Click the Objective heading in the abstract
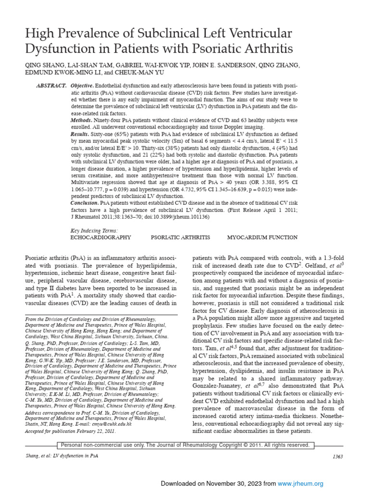coord(82,85)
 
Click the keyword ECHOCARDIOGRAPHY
coord(100,237)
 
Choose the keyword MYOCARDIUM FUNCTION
coord(262,237)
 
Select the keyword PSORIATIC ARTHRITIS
coord(180,237)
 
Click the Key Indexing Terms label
coord(94,231)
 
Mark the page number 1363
coord(338,456)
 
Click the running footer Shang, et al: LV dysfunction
coord(61,456)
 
